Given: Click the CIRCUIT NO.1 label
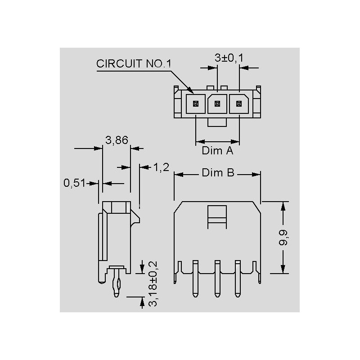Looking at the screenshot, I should [134, 63].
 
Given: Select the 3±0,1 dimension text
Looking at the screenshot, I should [228, 58].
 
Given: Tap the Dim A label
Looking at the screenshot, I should [217, 151].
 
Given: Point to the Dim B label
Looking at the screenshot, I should [218, 173].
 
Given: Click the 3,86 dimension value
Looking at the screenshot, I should [117, 140].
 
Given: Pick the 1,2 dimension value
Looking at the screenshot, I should [161, 168].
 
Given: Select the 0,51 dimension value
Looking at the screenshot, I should [74, 183].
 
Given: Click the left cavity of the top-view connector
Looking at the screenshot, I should [196, 104].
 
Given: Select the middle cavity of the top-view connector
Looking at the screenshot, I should [217, 104].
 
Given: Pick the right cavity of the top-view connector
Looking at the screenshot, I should [238, 104].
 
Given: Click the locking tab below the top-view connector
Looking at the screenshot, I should [217, 122].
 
